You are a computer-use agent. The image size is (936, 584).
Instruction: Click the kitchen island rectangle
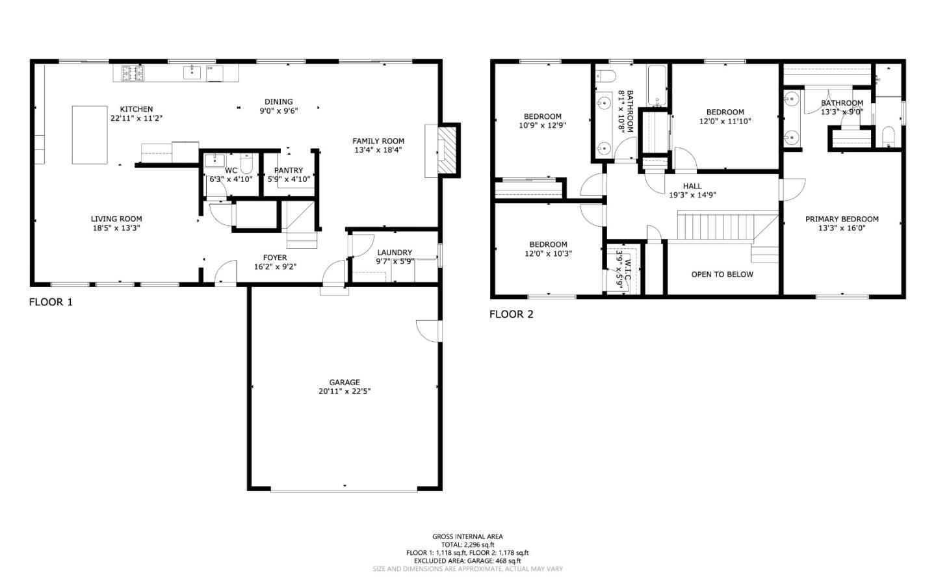89,134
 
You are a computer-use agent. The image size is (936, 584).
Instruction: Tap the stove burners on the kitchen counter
133,73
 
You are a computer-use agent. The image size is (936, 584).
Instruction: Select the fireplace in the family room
446,150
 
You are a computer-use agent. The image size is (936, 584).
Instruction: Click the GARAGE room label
344,382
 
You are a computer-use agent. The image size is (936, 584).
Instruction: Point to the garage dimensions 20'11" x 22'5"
344,391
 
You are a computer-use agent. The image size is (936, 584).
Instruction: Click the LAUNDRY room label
395,253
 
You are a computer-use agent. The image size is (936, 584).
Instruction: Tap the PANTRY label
289,170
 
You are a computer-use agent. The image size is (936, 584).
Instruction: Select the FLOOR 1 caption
51,302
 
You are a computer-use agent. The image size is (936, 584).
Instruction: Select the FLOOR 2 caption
511,314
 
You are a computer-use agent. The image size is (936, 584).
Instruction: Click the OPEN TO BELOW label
721,274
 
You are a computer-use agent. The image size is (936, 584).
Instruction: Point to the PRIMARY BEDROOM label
842,219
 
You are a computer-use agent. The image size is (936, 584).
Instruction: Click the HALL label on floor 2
692,186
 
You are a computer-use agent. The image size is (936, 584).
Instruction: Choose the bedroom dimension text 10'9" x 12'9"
542,125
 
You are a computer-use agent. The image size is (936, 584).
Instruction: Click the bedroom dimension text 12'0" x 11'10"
725,121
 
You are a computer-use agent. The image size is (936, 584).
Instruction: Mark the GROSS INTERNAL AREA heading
467,537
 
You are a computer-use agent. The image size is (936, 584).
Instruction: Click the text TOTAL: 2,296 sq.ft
467,544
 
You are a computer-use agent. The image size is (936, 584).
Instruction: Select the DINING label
278,101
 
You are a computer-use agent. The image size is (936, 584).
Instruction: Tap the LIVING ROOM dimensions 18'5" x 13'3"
116,228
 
